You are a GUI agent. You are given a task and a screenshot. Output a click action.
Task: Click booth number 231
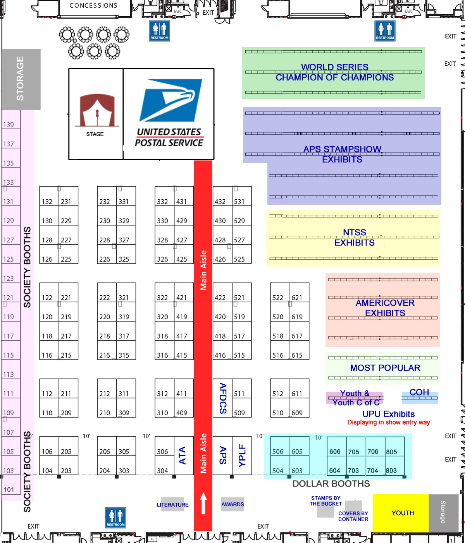pos(66,201)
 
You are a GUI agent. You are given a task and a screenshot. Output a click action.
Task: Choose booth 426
pos(220,259)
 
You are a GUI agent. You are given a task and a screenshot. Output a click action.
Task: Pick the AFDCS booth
pos(223,398)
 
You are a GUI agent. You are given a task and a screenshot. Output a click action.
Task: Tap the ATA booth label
pos(183,455)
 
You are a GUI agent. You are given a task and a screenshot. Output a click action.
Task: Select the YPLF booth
pos(242,455)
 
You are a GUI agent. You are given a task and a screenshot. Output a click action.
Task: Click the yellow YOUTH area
pos(402,513)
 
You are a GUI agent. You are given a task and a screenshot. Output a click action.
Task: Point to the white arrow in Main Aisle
pos(203,503)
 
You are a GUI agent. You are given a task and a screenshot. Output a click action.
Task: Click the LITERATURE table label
pos(172,505)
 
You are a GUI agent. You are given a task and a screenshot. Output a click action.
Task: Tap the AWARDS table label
pos(232,504)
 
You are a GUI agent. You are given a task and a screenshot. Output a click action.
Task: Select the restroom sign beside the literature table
pos(115,518)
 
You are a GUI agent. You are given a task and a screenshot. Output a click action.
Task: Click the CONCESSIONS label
pos(93,5)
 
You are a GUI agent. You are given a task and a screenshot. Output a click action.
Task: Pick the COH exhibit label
pos(419,392)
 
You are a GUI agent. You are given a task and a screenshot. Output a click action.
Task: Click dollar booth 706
pos(373,452)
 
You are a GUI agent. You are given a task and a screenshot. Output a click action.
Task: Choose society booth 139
pos(9,125)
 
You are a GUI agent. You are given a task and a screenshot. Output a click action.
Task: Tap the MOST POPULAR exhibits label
pos(385,368)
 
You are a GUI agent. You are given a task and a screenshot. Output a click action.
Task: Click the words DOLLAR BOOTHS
pos(331,483)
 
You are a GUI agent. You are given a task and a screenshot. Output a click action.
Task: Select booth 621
pos(297,297)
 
